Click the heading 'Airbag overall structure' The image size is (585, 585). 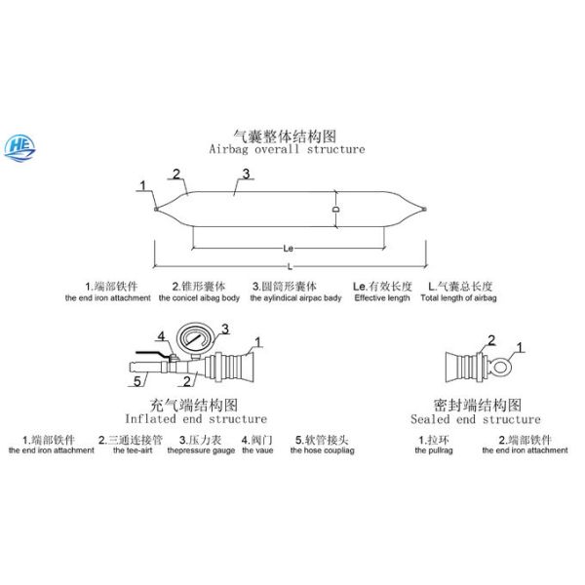point(288,150)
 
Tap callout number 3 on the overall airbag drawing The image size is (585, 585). point(247,174)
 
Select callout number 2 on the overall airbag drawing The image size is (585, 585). point(176,175)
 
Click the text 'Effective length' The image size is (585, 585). point(380,297)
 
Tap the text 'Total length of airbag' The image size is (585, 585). point(457,297)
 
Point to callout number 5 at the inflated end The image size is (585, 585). point(139,379)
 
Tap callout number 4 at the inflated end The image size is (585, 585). point(164,338)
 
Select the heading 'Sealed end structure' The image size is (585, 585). point(470,418)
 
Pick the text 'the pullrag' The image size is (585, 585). point(434,450)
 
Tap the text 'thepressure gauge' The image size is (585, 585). point(201,450)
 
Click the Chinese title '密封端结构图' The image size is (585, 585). point(470,404)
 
